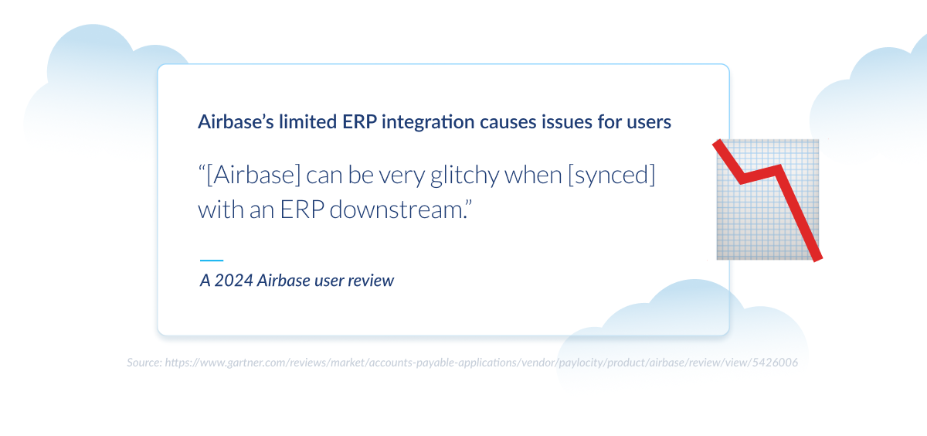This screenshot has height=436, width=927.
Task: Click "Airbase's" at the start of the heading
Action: (x=232, y=121)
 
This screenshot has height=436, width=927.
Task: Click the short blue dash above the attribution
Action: (x=211, y=261)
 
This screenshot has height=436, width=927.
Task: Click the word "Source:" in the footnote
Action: (x=144, y=362)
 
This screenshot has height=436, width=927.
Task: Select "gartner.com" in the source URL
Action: (x=234, y=362)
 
